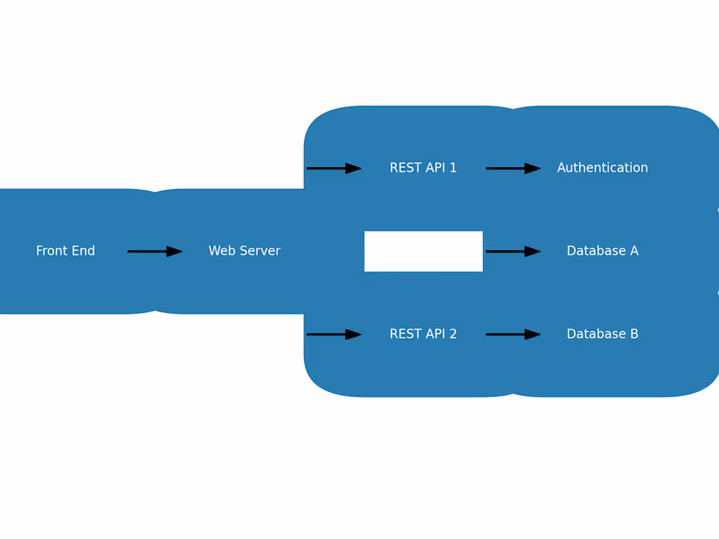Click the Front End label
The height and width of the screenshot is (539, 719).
[x=65, y=251]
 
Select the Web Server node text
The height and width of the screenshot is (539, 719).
[x=244, y=251]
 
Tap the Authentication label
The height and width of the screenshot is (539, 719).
[x=602, y=168]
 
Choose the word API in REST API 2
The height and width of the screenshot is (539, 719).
[x=435, y=334]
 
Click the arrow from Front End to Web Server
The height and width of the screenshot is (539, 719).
[x=154, y=251]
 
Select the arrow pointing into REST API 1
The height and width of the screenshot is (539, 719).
[x=333, y=169]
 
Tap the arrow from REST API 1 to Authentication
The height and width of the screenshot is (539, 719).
[x=512, y=169]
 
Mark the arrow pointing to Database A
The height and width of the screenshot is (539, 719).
[x=512, y=251]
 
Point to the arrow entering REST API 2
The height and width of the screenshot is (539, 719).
[x=333, y=334]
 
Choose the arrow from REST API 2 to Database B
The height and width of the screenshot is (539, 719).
[x=512, y=334]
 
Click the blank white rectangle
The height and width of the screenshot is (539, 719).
[x=424, y=251]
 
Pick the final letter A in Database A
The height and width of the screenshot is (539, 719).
[x=634, y=251]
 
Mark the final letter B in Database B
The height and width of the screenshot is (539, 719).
[x=634, y=334]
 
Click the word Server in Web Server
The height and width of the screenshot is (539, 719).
[x=259, y=251]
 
